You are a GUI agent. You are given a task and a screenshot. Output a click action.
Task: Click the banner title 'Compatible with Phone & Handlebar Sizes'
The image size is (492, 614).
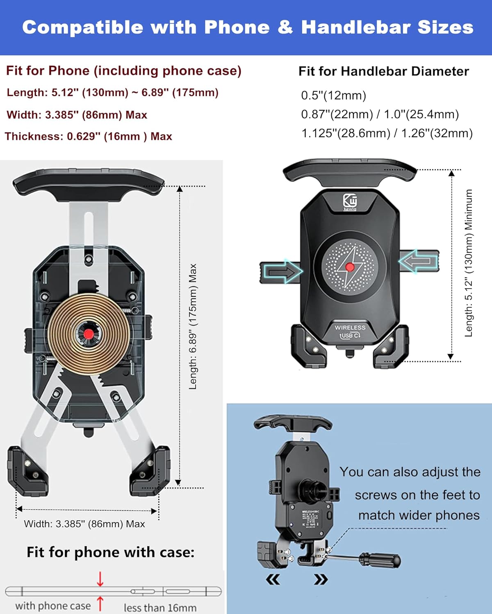click(x=248, y=27)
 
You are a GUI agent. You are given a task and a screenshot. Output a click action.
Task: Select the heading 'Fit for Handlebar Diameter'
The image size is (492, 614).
click(x=383, y=71)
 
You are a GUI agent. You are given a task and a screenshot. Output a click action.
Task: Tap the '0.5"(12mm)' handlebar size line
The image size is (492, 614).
click(x=333, y=95)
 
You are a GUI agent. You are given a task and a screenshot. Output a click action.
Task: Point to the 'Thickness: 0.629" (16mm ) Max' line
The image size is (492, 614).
click(x=89, y=136)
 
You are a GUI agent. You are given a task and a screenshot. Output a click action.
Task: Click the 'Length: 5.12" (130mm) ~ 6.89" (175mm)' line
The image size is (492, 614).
click(x=112, y=93)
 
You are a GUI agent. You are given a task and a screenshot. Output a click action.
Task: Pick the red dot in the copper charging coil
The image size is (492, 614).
click(x=88, y=334)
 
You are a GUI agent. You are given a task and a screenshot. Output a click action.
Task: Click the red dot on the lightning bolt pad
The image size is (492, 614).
click(x=350, y=267)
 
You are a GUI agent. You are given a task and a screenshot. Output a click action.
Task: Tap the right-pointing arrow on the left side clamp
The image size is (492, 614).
click(x=283, y=271)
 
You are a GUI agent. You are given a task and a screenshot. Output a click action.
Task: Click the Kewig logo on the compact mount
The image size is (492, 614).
click(x=350, y=202)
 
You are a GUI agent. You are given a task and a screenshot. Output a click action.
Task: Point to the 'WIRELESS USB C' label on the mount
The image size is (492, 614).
click(x=350, y=331)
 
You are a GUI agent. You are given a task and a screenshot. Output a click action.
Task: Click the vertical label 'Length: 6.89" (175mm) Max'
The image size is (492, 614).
click(x=193, y=326)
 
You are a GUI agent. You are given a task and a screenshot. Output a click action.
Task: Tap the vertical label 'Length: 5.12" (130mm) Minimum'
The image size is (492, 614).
click(x=469, y=263)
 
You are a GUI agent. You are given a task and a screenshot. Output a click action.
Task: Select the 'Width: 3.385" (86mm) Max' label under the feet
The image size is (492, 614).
click(x=84, y=524)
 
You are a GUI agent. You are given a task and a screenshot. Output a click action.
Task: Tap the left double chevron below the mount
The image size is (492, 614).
click(x=273, y=579)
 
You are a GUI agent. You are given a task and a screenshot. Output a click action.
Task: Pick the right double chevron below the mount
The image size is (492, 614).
click(x=321, y=579)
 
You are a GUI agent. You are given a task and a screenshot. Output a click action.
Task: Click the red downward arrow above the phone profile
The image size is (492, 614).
click(x=100, y=579)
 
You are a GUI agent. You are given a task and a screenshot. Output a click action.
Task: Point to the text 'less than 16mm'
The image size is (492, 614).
click(x=160, y=608)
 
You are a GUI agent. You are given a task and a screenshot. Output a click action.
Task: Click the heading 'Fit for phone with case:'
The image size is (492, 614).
click(x=111, y=552)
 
